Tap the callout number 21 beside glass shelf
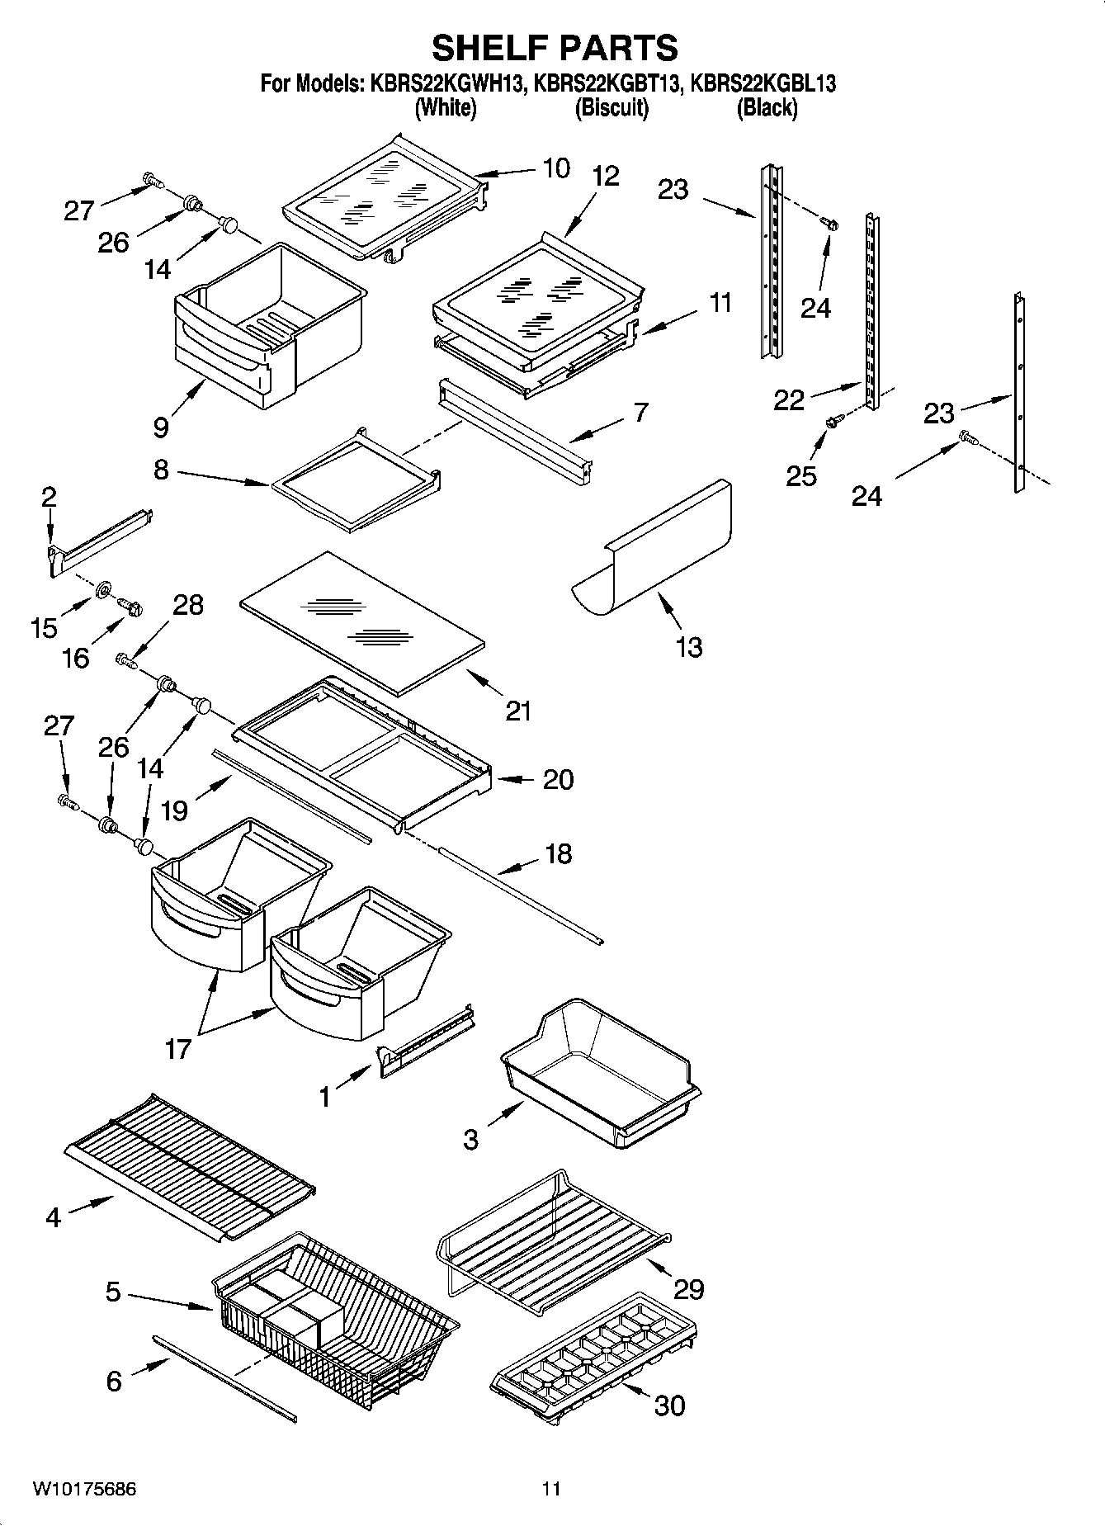tap(518, 711)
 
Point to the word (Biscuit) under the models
tap(612, 108)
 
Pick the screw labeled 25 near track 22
tap(832, 423)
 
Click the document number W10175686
tap(85, 1489)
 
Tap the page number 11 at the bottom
tap(551, 1489)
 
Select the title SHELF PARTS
tap(555, 48)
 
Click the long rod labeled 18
tap(520, 895)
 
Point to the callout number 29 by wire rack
tap(689, 1288)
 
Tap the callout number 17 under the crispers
tap(178, 1049)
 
